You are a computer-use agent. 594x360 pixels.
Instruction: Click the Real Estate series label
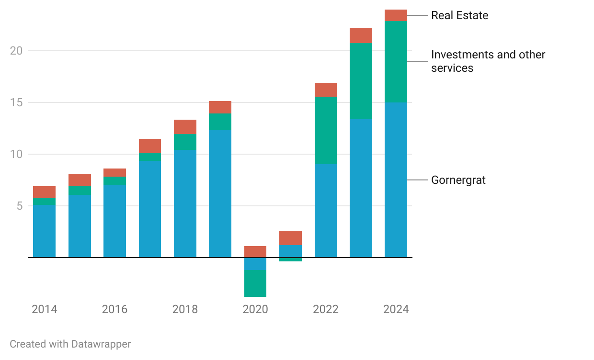459,15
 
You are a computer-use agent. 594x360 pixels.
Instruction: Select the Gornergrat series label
458,180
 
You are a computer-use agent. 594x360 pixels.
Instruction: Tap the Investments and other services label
488,61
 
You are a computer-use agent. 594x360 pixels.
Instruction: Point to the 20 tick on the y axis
16,51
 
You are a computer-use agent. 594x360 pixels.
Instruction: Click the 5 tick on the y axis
19,206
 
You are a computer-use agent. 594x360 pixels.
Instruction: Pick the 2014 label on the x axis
45,309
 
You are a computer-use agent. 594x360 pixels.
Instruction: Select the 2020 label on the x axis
255,309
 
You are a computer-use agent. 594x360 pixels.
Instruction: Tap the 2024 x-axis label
396,309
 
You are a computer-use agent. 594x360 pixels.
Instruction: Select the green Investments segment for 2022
326,130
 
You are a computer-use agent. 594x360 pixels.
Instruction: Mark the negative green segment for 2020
255,283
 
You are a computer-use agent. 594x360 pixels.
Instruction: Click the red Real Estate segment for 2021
290,238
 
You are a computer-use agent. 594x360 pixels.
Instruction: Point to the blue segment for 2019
220,193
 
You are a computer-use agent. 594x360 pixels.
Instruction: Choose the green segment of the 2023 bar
361,81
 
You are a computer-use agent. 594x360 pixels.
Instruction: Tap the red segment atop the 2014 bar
45,192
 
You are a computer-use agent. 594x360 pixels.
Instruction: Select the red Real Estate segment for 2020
255,252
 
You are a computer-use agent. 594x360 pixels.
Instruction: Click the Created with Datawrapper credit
70,344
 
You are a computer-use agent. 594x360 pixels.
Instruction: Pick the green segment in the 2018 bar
185,142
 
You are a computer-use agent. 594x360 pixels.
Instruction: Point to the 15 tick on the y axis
16,102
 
